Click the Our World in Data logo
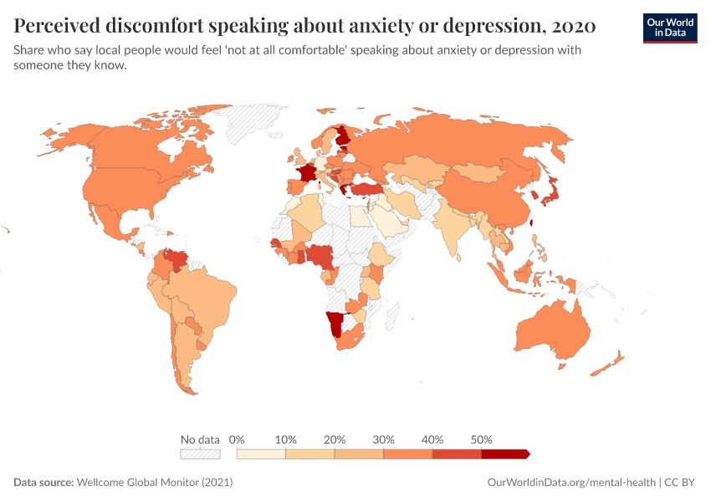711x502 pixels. click(x=669, y=28)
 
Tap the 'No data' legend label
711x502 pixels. click(x=200, y=439)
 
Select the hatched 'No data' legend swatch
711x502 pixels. click(x=200, y=454)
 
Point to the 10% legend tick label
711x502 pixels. click(x=286, y=439)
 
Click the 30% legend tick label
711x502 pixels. click(x=384, y=439)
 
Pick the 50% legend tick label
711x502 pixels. click(x=482, y=439)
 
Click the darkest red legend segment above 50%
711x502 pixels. click(x=504, y=454)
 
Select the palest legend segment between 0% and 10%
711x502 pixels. click(x=262, y=454)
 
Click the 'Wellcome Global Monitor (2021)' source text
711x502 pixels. click(x=154, y=483)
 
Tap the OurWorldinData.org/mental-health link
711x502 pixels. click(x=572, y=483)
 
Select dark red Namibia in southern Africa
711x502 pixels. click(x=335, y=323)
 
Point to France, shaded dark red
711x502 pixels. click(x=306, y=173)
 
